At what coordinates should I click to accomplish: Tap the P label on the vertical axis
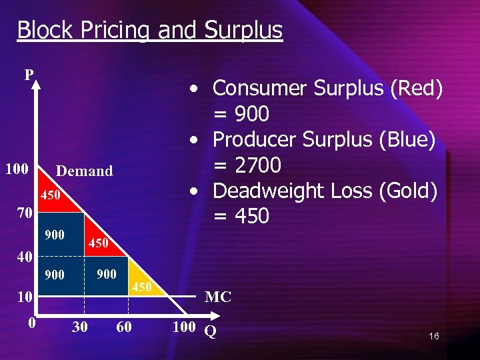click(29, 74)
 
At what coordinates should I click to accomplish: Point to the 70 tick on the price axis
click(25, 214)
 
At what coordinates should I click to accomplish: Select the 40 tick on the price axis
click(25, 257)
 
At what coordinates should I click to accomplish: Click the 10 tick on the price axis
click(25, 297)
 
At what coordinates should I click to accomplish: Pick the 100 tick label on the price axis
click(17, 169)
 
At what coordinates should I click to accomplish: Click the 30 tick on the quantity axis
click(79, 327)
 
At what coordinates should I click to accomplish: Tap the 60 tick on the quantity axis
click(124, 327)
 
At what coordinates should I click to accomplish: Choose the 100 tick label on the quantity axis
click(184, 327)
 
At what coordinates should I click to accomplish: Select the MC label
click(218, 297)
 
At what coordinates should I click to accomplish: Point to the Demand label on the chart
click(85, 171)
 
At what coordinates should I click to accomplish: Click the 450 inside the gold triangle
click(141, 287)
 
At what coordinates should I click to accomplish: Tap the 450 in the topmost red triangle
click(51, 195)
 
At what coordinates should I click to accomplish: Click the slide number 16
click(434, 337)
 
